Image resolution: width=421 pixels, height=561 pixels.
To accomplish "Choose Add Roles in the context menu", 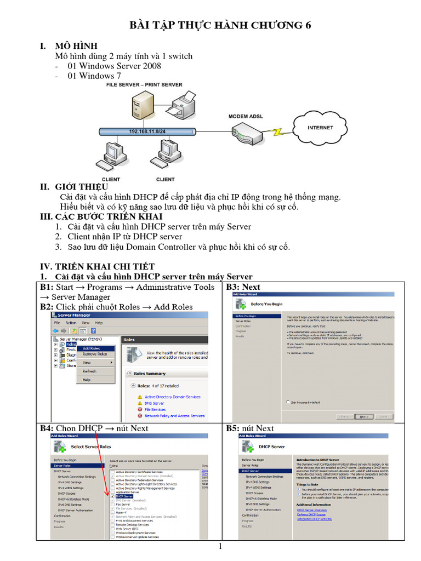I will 91,348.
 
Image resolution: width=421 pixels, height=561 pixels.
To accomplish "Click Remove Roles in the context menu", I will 94,354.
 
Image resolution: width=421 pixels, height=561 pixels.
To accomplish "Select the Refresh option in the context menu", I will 89,371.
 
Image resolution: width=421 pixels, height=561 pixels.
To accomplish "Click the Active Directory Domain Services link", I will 172,397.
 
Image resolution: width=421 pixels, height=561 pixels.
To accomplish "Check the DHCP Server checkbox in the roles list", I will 113,496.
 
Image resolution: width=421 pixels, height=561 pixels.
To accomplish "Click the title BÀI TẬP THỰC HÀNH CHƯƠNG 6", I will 223,25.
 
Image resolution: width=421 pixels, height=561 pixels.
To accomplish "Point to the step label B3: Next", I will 243,287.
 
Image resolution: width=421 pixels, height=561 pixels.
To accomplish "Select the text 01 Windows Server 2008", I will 114,66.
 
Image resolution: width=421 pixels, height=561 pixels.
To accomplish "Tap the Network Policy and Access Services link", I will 174,416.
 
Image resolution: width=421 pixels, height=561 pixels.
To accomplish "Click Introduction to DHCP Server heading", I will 317,460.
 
